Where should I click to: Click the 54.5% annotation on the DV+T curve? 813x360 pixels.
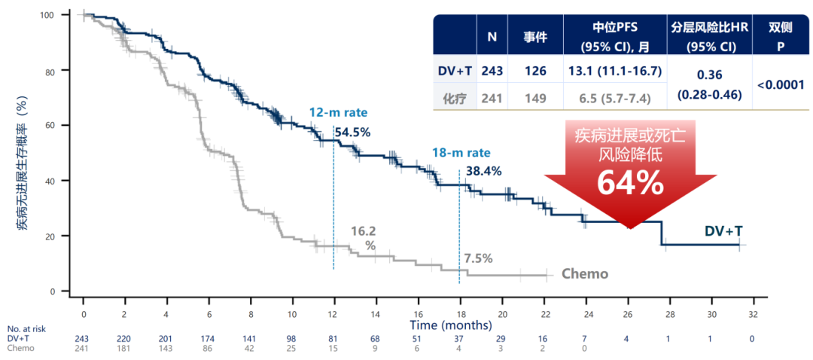point(352,133)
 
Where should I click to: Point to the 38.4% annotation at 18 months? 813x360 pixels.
point(484,171)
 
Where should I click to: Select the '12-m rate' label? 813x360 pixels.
point(331,112)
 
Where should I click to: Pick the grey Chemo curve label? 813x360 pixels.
point(585,273)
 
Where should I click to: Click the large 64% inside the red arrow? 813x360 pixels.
point(630,183)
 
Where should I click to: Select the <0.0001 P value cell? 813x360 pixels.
point(781,84)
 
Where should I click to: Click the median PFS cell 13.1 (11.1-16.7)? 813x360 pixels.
point(615,71)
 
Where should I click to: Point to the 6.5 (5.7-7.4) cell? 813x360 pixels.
point(616,97)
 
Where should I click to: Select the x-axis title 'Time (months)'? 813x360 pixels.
point(450,325)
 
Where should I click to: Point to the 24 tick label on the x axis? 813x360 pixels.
point(586,314)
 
